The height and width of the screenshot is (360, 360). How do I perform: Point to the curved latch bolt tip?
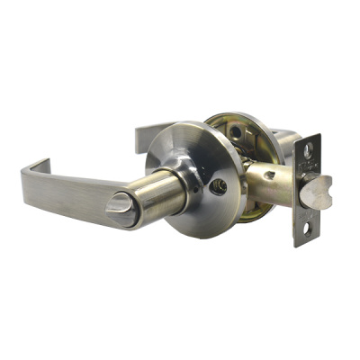[x=314, y=191]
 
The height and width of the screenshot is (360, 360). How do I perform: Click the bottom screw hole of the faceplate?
[x=307, y=229]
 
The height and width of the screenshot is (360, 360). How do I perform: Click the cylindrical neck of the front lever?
[x=158, y=190]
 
